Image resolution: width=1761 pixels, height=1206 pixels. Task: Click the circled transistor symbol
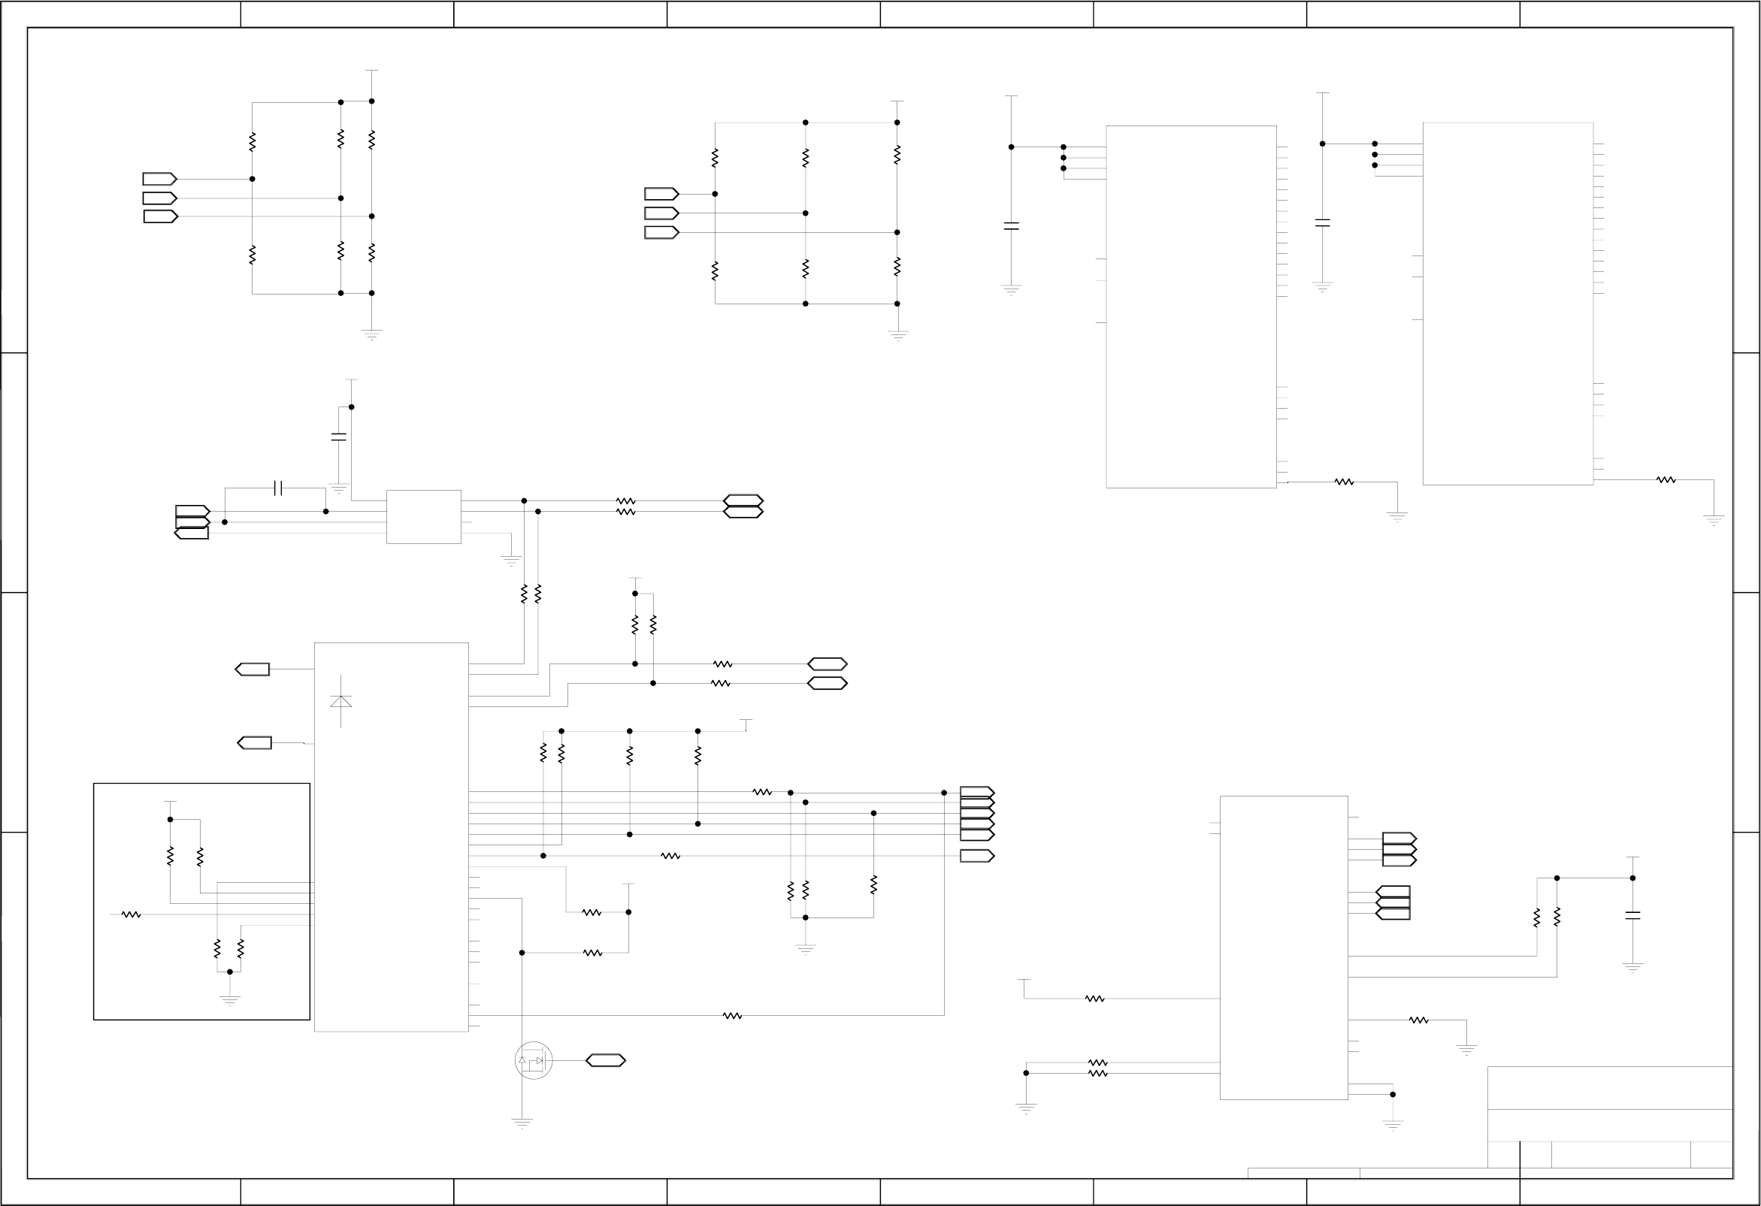click(x=534, y=1060)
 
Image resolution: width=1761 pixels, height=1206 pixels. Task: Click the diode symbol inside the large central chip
click(x=341, y=701)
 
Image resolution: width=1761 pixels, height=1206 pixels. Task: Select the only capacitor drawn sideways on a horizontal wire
click(x=277, y=488)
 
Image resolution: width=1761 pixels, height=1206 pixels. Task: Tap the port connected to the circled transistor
click(x=606, y=1060)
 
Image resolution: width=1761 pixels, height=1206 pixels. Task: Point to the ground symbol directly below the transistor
click(x=522, y=1122)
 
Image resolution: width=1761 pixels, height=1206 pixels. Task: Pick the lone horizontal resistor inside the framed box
click(x=131, y=915)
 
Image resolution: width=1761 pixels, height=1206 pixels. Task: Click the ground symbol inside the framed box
click(x=229, y=1000)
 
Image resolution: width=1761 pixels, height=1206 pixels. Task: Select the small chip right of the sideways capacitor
click(x=424, y=517)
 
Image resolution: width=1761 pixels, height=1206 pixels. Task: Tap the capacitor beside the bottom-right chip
click(x=1633, y=915)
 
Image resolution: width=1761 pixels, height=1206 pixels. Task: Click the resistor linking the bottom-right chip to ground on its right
click(x=1418, y=1020)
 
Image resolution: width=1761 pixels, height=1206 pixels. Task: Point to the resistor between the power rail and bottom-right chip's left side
click(x=1094, y=999)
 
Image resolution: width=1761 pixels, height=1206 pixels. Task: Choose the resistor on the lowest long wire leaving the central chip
click(x=732, y=1016)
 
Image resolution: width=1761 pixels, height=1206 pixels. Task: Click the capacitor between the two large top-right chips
click(x=1322, y=222)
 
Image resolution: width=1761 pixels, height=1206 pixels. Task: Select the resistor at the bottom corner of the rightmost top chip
click(x=1666, y=479)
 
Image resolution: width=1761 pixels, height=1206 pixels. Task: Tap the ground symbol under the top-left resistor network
click(x=371, y=334)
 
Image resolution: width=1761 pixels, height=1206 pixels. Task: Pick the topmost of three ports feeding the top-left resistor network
click(x=160, y=180)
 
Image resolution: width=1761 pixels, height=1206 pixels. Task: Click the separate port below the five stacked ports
click(x=977, y=856)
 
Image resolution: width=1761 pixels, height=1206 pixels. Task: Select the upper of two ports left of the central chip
click(x=253, y=669)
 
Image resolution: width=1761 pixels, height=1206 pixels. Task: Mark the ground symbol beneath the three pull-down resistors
click(x=806, y=949)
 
